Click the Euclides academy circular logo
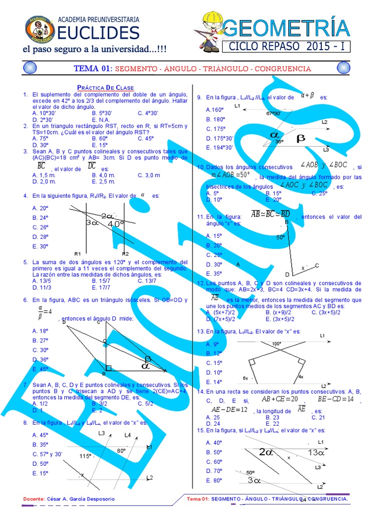40,29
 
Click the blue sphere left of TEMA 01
30,68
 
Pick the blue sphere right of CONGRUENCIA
343,68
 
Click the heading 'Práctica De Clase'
105,88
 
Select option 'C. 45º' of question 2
146,138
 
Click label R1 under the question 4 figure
77,253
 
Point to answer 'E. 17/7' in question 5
101,288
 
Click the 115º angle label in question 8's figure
86,456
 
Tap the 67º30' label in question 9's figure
273,113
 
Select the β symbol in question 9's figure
301,138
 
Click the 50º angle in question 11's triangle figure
280,237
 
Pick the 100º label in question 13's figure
277,344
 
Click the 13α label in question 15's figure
316,452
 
